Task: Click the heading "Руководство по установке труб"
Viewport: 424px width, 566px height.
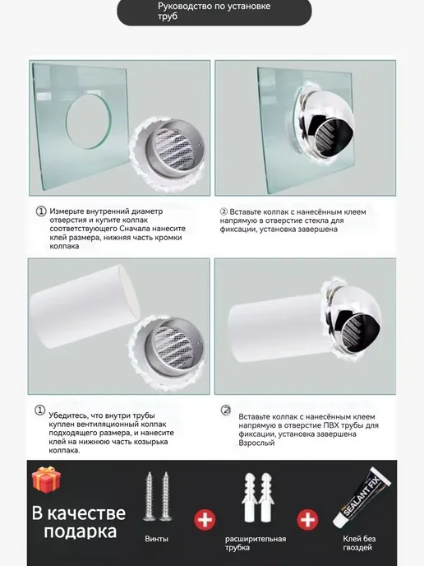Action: click(x=214, y=12)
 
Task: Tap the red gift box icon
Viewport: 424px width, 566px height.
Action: click(x=46, y=480)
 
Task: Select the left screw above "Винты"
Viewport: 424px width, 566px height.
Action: click(x=149, y=496)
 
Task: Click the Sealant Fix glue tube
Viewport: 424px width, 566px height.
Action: click(x=362, y=498)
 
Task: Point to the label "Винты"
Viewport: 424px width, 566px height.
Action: click(x=156, y=539)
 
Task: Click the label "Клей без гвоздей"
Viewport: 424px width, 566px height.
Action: click(x=359, y=543)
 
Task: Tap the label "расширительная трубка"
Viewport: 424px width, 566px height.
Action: click(x=256, y=543)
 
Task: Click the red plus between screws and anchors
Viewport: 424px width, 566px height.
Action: click(x=205, y=520)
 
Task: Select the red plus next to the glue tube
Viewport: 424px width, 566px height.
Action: click(x=307, y=520)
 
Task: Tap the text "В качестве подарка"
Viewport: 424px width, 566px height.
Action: click(x=79, y=522)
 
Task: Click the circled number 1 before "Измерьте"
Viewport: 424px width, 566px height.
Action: click(x=41, y=211)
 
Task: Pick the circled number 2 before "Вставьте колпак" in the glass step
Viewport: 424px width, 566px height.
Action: click(x=224, y=211)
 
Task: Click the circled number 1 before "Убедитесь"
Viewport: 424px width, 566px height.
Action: click(x=39, y=410)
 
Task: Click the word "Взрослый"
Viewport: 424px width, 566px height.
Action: click(x=256, y=443)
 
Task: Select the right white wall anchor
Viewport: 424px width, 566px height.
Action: click(x=267, y=498)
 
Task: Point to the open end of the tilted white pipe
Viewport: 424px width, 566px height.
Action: click(x=130, y=292)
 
